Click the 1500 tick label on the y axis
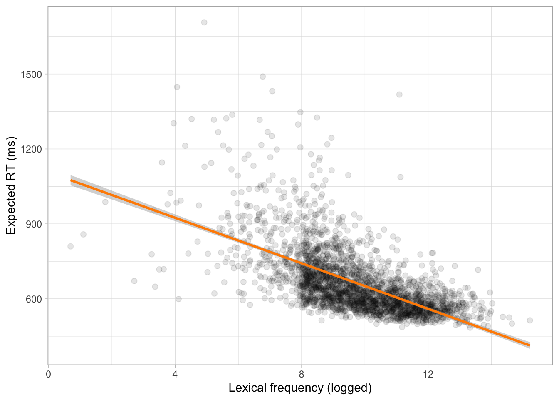pyautogui.click(x=31, y=75)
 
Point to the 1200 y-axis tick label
pyautogui.click(x=31, y=149)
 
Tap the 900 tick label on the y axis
pyautogui.click(x=34, y=224)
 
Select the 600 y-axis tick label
pyautogui.click(x=34, y=299)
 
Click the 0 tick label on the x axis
pyautogui.click(x=48, y=374)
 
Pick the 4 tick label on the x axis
pyautogui.click(x=175, y=374)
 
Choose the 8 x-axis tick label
pyautogui.click(x=302, y=374)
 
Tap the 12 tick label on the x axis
pyautogui.click(x=428, y=374)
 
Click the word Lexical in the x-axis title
pyautogui.click(x=247, y=388)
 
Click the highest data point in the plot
pyautogui.click(x=204, y=22)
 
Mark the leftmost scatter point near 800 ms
pyautogui.click(x=71, y=246)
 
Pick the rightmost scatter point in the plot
pyautogui.click(x=530, y=320)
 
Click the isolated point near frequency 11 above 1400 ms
pyautogui.click(x=399, y=95)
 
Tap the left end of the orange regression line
pyautogui.click(x=71, y=180)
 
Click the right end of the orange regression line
pyautogui.click(x=529, y=345)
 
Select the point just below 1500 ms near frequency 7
pyautogui.click(x=262, y=77)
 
